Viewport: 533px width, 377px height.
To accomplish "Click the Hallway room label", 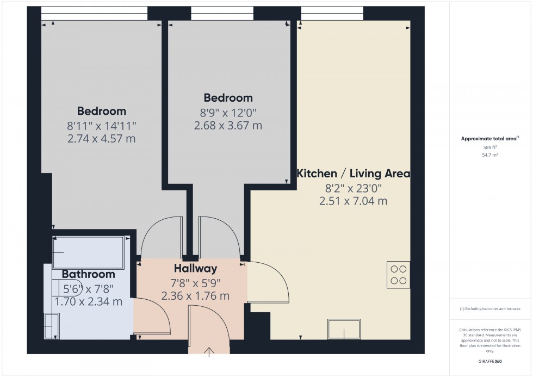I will click(195, 268).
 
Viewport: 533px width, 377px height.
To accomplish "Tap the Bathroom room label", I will click(88, 274).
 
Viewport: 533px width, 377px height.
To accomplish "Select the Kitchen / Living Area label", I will click(353, 174).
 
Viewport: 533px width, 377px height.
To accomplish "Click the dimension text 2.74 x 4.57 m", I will click(101, 139).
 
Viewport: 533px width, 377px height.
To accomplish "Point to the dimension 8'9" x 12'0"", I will click(228, 113).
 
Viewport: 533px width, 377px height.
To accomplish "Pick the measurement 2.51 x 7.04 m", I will click(353, 201).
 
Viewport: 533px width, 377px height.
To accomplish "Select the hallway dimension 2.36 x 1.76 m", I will click(195, 296).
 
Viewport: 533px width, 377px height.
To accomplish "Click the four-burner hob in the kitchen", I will click(398, 275).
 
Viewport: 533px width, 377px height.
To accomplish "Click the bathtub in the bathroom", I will click(88, 252).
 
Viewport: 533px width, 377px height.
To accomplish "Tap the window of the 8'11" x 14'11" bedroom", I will click(94, 13).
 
